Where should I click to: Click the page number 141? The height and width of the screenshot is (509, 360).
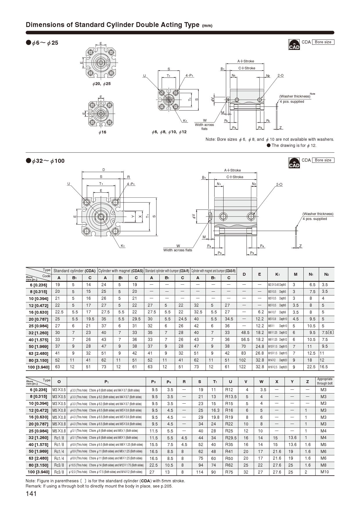[x=31, y=494]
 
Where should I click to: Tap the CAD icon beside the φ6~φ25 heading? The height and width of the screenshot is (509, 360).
[x=294, y=44]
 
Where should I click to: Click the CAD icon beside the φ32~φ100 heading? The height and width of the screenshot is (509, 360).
[x=294, y=163]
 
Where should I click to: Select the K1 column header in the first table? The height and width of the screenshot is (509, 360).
[x=277, y=274]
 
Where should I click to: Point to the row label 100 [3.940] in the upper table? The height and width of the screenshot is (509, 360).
[x=39, y=367]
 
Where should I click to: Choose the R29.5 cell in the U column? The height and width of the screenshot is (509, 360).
[x=231, y=438]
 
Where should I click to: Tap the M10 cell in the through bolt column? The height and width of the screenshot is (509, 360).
[x=325, y=472]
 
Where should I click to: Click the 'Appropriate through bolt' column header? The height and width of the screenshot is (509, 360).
[x=325, y=381]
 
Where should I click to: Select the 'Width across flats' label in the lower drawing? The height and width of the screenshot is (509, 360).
[x=178, y=250]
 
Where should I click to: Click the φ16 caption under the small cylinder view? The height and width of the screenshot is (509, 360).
[x=102, y=132]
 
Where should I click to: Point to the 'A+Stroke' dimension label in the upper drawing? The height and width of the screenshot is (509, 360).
[x=246, y=61]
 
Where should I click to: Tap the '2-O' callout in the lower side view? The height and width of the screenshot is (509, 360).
[x=279, y=185]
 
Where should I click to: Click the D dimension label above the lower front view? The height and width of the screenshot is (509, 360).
[x=104, y=170]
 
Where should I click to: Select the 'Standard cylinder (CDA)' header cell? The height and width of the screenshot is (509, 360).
[x=74, y=271]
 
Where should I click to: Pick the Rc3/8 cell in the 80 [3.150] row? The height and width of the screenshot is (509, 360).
[x=59, y=465]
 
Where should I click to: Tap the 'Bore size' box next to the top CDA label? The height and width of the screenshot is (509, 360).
[x=323, y=42]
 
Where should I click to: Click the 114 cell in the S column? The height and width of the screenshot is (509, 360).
[x=199, y=472]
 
